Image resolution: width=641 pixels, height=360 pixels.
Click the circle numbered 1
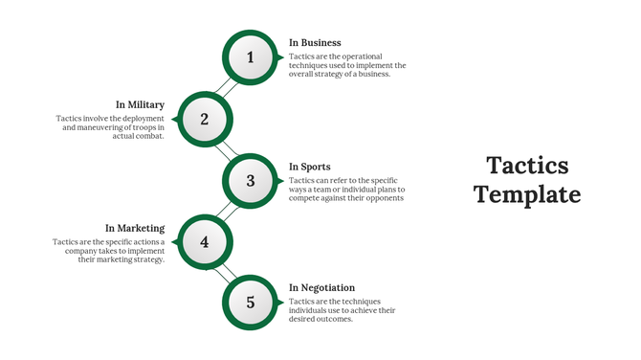click(251, 58)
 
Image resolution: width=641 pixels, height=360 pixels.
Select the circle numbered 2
click(205, 119)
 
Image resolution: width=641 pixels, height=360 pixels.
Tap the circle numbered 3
click(251, 180)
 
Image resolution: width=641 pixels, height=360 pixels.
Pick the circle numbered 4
click(205, 241)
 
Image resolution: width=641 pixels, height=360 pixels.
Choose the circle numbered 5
click(251, 303)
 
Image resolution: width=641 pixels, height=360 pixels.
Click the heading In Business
click(315, 43)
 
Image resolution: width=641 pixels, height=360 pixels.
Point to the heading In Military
click(141, 104)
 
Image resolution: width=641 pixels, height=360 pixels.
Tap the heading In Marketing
click(135, 228)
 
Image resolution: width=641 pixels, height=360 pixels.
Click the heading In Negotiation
click(321, 287)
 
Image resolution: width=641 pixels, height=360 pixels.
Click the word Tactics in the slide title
click(527, 166)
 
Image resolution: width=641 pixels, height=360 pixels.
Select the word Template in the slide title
click(527, 194)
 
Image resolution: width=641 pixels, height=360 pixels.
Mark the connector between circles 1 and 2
click(228, 88)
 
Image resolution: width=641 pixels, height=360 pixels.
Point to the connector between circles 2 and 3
click(228, 149)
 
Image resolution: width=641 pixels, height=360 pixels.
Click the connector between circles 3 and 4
click(228, 211)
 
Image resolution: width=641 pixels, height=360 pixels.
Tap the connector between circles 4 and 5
click(228, 272)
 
